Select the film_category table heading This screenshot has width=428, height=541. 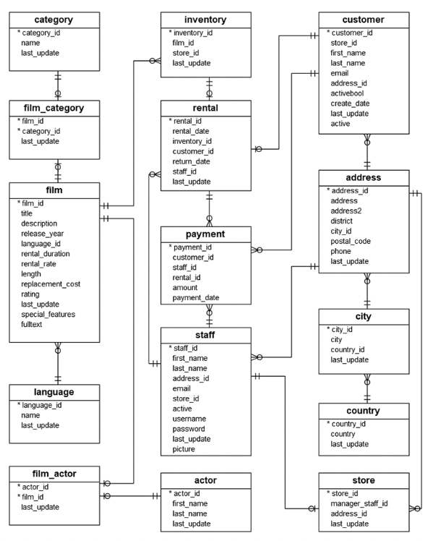click(54, 108)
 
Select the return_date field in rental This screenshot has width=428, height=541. click(192, 162)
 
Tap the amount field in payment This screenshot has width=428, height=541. click(187, 287)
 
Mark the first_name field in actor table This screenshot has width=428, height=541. click(192, 503)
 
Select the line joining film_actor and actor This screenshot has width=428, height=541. click(130, 496)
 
